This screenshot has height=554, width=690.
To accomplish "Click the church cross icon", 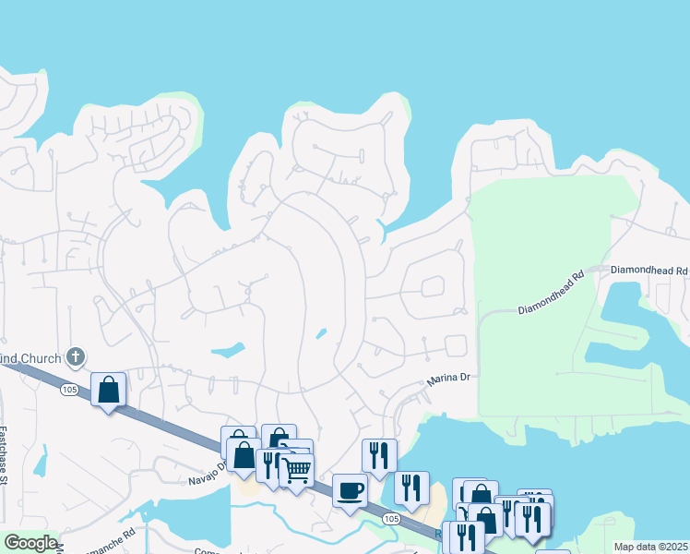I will [x=77, y=356].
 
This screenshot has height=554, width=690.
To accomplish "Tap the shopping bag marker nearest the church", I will [x=109, y=389].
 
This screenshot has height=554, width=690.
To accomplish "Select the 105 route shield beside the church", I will [x=70, y=390].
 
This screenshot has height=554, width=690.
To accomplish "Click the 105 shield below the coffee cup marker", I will [x=392, y=520].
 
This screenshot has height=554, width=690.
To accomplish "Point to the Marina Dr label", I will [x=448, y=379].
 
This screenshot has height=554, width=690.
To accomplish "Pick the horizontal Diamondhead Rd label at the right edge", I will [x=656, y=271].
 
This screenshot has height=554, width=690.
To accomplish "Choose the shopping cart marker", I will [x=296, y=470].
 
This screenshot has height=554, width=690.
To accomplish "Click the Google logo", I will [x=30, y=543].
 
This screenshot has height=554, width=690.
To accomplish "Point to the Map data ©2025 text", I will [x=651, y=547].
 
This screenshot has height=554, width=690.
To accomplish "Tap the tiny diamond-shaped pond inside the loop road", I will [x=320, y=333].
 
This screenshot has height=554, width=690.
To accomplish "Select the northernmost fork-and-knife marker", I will [x=379, y=455].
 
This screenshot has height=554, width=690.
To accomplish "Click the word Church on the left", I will [x=42, y=358].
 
